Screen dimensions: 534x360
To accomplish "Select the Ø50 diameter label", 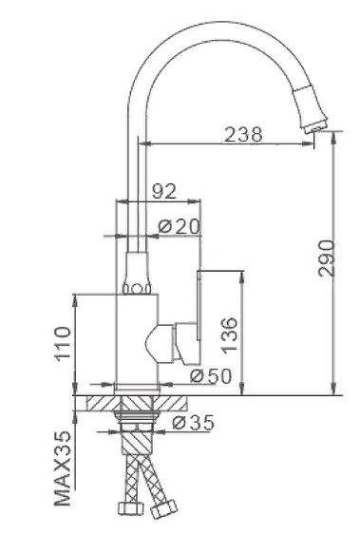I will point(210,374).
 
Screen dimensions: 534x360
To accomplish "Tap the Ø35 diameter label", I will point(195,422).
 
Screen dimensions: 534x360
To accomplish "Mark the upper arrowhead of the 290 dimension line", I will point(334,139).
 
